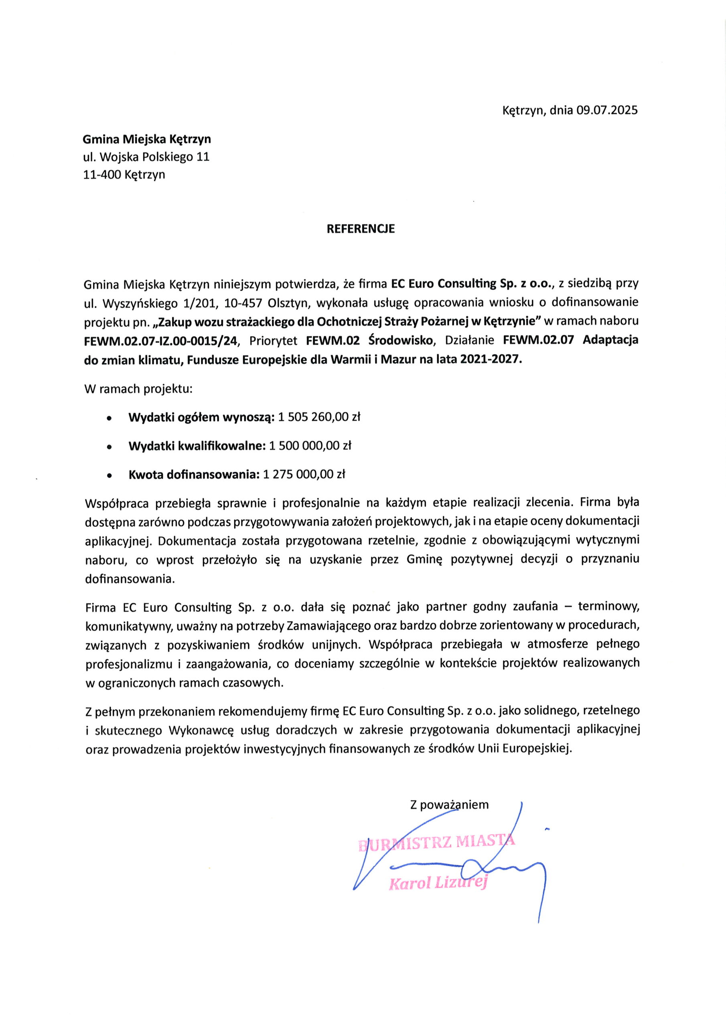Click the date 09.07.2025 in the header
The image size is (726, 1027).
(x=606, y=110)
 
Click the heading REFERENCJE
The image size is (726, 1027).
(x=361, y=229)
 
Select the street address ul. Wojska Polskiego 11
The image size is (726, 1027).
(x=146, y=157)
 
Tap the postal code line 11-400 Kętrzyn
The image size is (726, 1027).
(x=124, y=175)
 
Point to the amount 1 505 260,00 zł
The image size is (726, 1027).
(x=319, y=417)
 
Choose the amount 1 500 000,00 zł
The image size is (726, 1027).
(x=310, y=446)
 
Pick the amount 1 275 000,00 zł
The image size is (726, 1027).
(x=304, y=474)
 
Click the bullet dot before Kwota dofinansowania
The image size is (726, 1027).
(x=109, y=475)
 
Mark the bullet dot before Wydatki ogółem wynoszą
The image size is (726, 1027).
(x=109, y=419)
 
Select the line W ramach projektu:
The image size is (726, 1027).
(x=138, y=389)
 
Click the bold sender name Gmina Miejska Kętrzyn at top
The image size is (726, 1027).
(x=147, y=139)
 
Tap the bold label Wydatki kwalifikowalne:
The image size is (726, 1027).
(x=197, y=446)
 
